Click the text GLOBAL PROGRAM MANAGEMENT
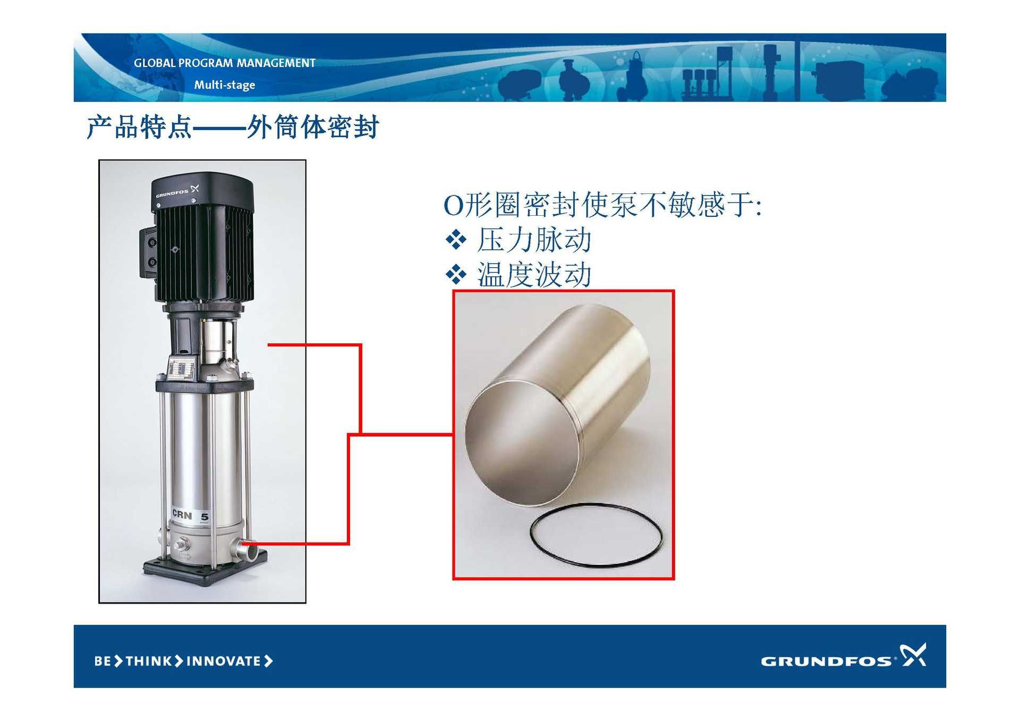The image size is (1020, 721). coord(224,63)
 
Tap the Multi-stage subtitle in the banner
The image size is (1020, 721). coord(224,85)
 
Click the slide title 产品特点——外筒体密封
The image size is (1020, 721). coord(233,127)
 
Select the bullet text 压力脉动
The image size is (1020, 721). coord(534,240)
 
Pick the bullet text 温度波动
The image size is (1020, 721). coord(534,275)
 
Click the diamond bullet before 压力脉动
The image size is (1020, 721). coord(456,240)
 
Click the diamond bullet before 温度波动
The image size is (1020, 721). coord(456,275)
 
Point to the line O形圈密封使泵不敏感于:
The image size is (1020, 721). coord(602,205)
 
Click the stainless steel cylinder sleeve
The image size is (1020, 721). coord(558,404)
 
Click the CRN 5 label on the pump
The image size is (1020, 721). coord(190,515)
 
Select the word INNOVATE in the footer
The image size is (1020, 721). coord(224,661)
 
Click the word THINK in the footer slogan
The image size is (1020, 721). coord(149,661)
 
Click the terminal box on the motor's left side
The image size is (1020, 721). coord(149,253)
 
